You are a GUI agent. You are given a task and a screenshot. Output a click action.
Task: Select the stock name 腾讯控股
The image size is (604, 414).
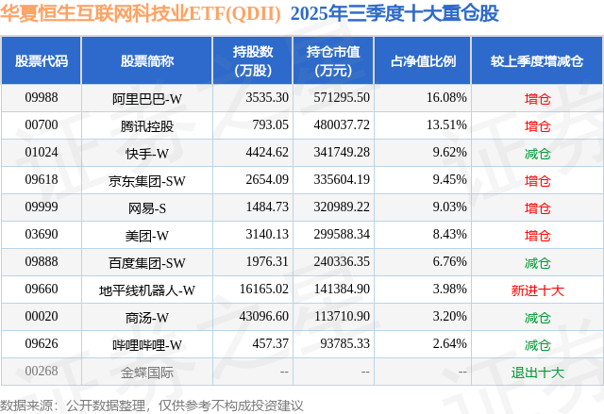[x=146, y=125]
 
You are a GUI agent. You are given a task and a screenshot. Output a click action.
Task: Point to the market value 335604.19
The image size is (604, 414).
[x=337, y=180]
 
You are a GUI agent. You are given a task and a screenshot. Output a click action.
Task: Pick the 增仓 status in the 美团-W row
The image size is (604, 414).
[x=537, y=235]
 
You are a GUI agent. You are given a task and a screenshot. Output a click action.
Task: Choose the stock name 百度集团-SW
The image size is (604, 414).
[x=146, y=262]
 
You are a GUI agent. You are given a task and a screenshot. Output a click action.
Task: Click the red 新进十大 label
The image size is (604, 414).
[x=537, y=290]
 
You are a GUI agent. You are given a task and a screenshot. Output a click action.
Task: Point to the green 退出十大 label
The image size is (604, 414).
[x=537, y=372]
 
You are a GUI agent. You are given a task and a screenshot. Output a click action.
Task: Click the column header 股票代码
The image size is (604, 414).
[x=42, y=61]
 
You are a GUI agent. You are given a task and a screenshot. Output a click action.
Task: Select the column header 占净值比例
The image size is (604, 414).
[x=423, y=61]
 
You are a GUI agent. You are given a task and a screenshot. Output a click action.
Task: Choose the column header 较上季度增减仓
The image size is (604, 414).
[x=537, y=61]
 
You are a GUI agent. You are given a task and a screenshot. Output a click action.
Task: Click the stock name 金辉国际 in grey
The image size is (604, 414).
[x=146, y=372]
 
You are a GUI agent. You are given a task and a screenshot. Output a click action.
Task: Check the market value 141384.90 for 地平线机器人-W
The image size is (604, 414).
[x=337, y=290]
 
